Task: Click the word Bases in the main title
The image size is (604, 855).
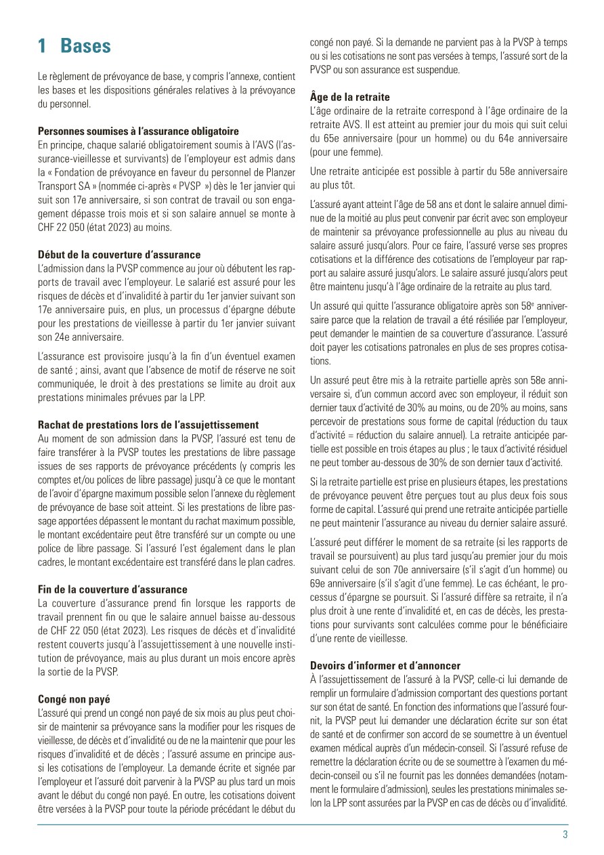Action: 85,46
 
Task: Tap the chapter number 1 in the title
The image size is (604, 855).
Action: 42,46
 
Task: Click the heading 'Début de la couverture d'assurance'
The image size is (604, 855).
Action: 119,255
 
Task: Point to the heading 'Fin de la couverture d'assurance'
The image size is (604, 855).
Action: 113,589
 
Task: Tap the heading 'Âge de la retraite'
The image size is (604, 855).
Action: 349,97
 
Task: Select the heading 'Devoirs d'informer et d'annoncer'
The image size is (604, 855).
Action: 385,665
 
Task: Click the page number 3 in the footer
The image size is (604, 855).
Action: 565,835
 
